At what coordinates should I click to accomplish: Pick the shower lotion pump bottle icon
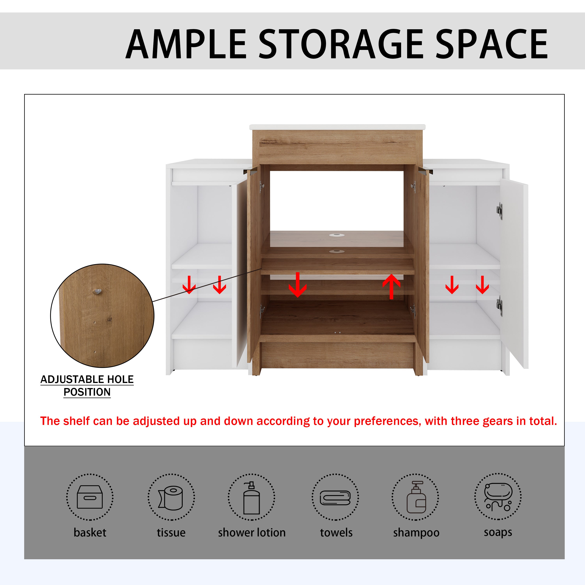(x=251, y=497)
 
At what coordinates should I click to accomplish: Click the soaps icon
(x=498, y=497)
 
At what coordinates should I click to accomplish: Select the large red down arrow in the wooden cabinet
(x=297, y=285)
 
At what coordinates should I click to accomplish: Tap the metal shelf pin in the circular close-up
(x=97, y=291)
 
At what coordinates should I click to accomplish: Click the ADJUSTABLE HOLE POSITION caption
(x=87, y=386)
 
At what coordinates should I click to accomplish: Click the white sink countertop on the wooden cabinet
(x=337, y=127)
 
